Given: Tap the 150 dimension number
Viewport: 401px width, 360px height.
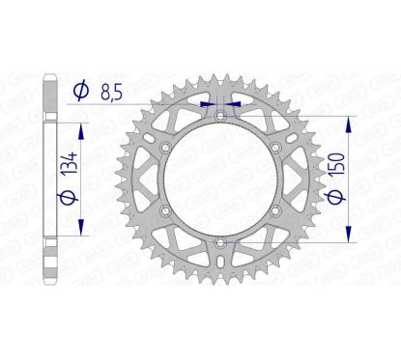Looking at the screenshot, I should [359, 177].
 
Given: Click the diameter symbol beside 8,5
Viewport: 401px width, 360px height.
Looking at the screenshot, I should [82, 92].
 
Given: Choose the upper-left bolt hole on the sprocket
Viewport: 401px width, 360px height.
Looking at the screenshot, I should [167, 147].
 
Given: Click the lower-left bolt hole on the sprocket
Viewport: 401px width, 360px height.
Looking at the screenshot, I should [167, 209].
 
